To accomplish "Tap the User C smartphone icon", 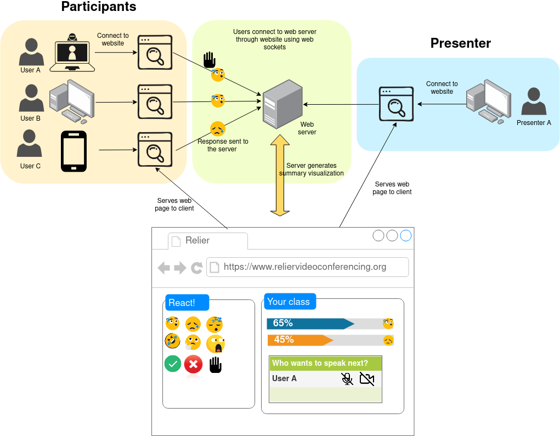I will pos(73,151).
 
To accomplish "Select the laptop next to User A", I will pos(72,53).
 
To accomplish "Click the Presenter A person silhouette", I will pos(533,103).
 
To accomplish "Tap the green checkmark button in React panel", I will pos(173,364).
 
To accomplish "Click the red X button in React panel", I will pos(194,364).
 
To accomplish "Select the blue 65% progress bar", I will pos(310,323).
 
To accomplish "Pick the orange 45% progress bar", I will pos(300,340).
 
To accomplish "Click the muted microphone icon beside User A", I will pos(347,378).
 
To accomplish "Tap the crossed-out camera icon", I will pos(367,378).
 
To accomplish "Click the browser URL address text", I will pos(305,267).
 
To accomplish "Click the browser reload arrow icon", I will pos(196,268).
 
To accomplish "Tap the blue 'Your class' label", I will pos(289,302).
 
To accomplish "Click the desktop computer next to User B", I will pos(71,100).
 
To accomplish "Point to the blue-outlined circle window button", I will pos(406,236).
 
